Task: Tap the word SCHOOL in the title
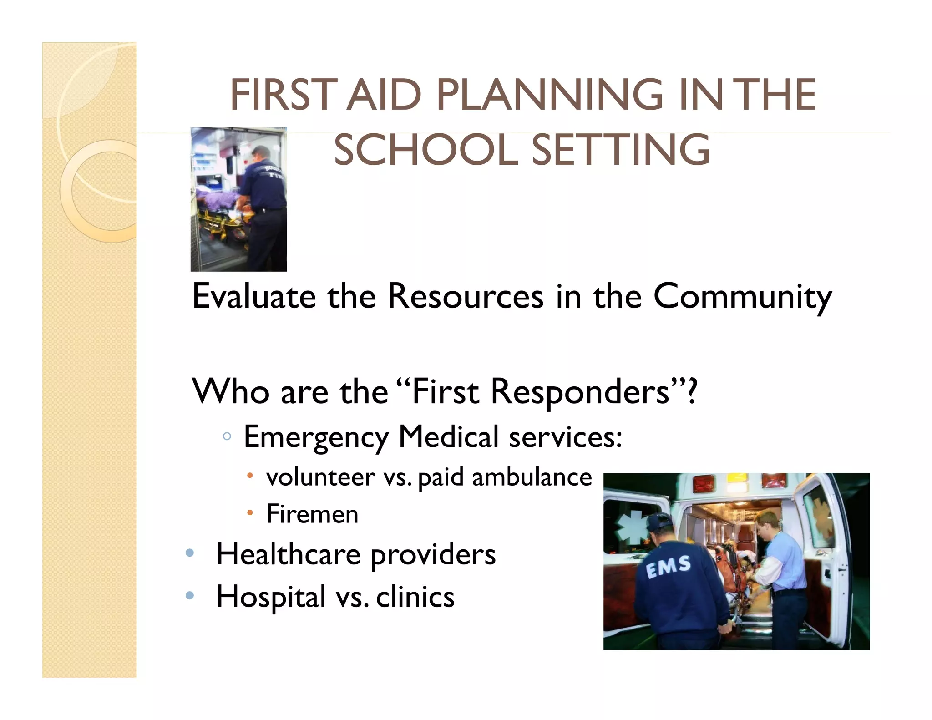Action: pyautogui.click(x=426, y=150)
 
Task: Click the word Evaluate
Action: pyautogui.click(x=254, y=296)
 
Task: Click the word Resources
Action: pyautogui.click(x=466, y=296)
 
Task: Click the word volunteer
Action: pyautogui.click(x=321, y=477)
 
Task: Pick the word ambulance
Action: pyautogui.click(x=532, y=477)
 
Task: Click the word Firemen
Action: pyautogui.click(x=313, y=514)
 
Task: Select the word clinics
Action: pyautogui.click(x=415, y=597)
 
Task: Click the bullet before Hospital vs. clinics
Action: pyautogui.click(x=190, y=595)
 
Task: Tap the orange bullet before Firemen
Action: pyautogui.click(x=250, y=513)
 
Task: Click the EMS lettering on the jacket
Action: pyautogui.click(x=669, y=567)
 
